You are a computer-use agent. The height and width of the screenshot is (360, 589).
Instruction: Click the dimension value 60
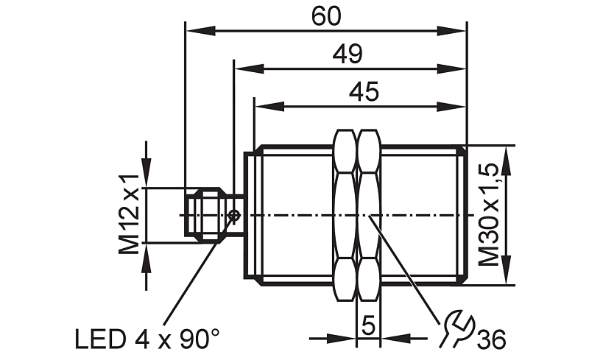[326, 16]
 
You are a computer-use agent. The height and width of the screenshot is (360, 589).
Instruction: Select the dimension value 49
[348, 54]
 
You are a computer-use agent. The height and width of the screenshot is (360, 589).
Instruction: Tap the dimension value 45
[364, 92]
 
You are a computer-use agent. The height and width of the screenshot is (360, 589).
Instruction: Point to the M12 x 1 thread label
[130, 214]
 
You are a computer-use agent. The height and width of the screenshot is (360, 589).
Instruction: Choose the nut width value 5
[369, 325]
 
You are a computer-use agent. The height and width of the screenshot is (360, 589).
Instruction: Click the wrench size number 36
[491, 339]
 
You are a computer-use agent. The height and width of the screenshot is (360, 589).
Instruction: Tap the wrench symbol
[457, 328]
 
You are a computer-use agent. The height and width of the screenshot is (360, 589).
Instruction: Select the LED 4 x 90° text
[147, 339]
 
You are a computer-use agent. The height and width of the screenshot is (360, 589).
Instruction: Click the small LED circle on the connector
[235, 216]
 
